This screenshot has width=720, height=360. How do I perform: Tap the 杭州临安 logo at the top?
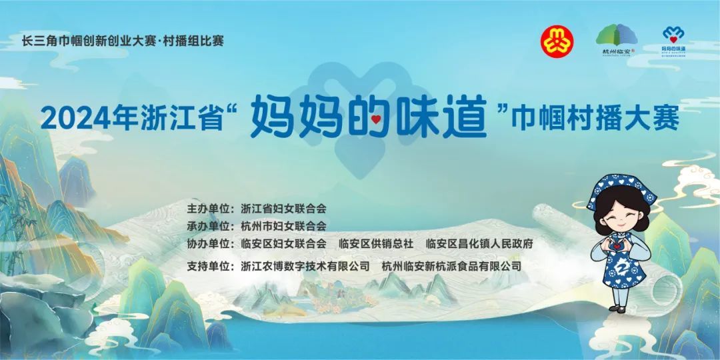(615, 40)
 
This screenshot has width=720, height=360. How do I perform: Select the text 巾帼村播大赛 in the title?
(593, 118)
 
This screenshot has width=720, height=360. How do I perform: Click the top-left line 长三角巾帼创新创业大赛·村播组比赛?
(123, 40)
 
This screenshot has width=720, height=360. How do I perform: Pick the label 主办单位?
(209, 209)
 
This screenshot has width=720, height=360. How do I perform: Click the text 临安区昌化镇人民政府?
(479, 243)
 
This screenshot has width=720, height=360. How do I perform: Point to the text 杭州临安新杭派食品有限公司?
(451, 265)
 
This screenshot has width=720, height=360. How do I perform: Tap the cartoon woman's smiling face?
(617, 215)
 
